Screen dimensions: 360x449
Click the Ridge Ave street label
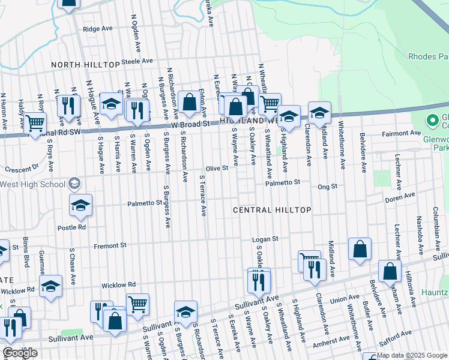[x=98, y=28]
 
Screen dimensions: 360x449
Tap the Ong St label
[x=328, y=187]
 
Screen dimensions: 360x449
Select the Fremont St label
[x=110, y=245]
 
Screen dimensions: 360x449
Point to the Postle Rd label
[x=71, y=227]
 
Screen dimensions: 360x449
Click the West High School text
[x=33, y=183]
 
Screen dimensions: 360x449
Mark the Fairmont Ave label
[x=406, y=133]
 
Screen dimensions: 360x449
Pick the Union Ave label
[x=344, y=298]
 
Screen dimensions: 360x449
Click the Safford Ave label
[x=397, y=335]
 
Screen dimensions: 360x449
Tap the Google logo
[x=20, y=353]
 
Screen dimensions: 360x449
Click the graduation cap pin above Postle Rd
[x=80, y=205]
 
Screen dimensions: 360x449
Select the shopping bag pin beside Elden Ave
[x=190, y=103]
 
